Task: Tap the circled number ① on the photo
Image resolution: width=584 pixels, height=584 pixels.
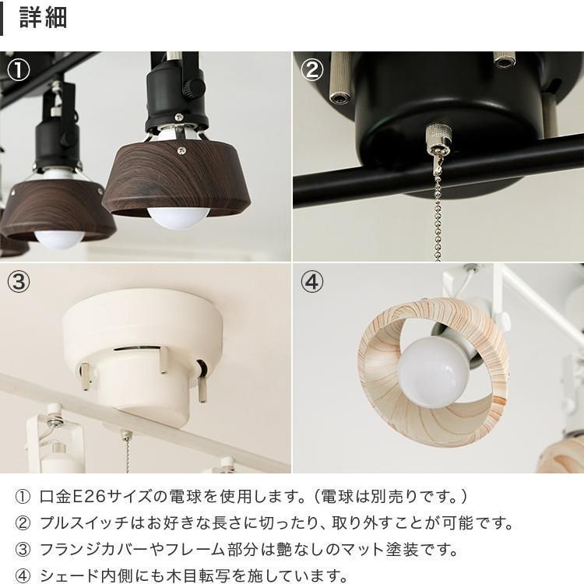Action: (x=18, y=70)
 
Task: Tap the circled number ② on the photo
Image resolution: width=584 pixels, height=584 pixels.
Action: (x=311, y=70)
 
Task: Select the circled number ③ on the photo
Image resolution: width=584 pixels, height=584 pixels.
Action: (x=18, y=283)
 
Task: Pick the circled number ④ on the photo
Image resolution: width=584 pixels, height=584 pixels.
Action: (x=311, y=283)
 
